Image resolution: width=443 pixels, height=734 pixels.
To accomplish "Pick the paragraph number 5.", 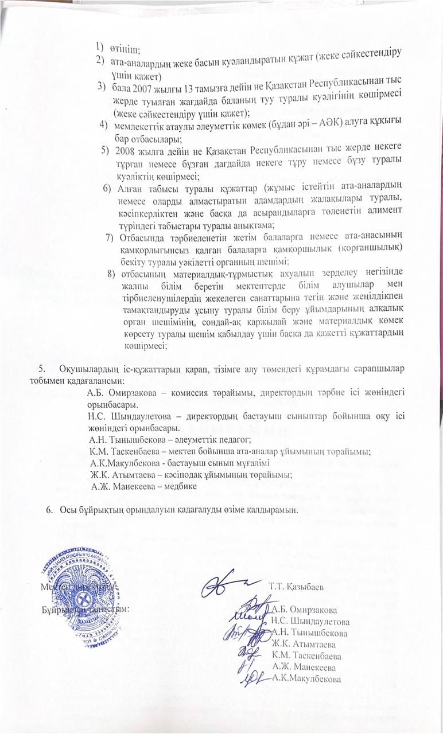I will [41, 368].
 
